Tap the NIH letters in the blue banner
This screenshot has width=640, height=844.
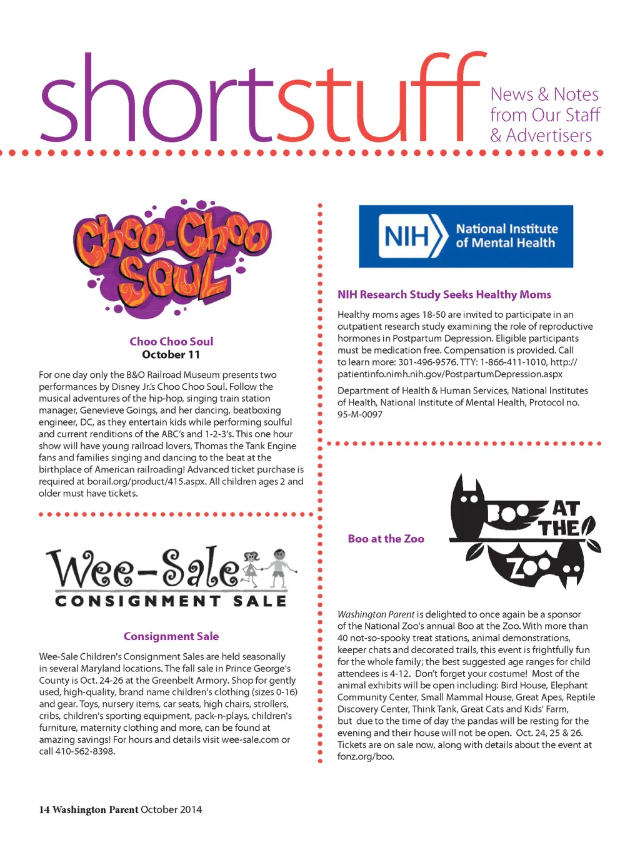click(x=407, y=236)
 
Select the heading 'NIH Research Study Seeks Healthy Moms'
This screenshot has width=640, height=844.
click(x=444, y=295)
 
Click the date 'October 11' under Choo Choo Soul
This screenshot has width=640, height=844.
click(x=171, y=355)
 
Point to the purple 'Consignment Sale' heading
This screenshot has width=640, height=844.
click(x=171, y=636)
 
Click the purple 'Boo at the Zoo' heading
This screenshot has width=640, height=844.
click(x=386, y=539)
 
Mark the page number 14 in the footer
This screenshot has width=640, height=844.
click(x=44, y=810)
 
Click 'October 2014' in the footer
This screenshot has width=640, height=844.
click(x=171, y=810)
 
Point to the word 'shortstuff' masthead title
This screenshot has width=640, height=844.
click(x=262, y=100)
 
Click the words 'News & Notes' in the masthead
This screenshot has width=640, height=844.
click(x=544, y=94)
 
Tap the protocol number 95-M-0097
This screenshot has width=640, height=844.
click(x=360, y=414)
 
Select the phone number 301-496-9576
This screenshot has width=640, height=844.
click(x=427, y=362)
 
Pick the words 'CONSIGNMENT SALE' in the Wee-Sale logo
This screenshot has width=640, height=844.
click(x=171, y=601)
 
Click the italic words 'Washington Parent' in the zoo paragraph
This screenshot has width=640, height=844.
click(x=376, y=614)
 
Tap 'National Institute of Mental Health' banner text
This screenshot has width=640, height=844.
click(x=506, y=236)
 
